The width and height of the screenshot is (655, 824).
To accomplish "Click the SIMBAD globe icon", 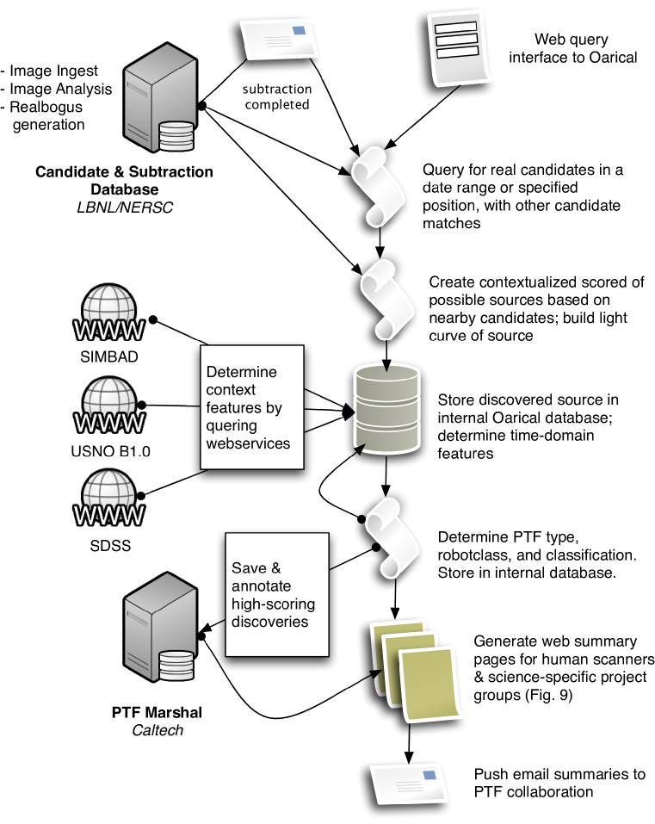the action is pyautogui.click(x=108, y=313).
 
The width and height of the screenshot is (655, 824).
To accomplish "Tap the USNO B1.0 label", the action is pyautogui.click(x=110, y=451).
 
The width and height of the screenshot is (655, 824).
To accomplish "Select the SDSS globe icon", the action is pyautogui.click(x=108, y=499).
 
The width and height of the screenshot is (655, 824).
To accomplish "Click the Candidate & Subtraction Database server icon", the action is pyautogui.click(x=160, y=98).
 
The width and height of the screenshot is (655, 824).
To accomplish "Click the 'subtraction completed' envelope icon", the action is pyautogui.click(x=279, y=39).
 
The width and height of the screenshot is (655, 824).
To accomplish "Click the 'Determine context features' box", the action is pyautogui.click(x=252, y=406).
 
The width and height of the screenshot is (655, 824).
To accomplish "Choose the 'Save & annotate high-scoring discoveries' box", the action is pyautogui.click(x=277, y=594).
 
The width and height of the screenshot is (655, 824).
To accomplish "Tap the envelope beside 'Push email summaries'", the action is pyautogui.click(x=409, y=787).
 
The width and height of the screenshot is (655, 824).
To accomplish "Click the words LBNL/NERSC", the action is pyautogui.click(x=125, y=208).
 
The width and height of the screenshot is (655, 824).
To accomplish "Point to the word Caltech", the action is pyautogui.click(x=158, y=730).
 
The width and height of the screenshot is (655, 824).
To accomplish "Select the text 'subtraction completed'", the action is pyautogui.click(x=277, y=96).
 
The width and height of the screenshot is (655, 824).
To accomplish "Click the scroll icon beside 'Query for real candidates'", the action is pyautogui.click(x=377, y=186).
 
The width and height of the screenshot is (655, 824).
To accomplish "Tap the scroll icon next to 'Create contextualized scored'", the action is pyautogui.click(x=385, y=300).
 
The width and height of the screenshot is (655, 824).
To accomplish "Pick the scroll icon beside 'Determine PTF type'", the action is pyautogui.click(x=392, y=536).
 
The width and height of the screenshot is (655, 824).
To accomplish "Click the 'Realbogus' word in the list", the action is pyautogui.click(x=46, y=107).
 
